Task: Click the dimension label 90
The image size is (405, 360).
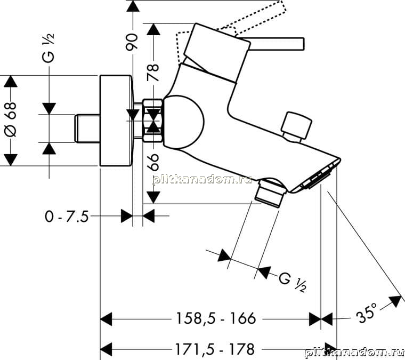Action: point(132,42)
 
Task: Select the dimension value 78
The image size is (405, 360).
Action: point(153,73)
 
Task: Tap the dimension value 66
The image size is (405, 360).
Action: point(154,162)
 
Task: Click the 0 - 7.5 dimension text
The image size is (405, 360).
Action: point(67,217)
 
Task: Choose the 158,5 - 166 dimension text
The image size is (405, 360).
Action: point(216,318)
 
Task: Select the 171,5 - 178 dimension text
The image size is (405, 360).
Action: point(215,349)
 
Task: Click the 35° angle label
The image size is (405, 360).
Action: point(367,313)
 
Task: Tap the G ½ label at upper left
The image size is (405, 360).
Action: point(48,49)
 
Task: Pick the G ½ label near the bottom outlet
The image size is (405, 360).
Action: point(293,282)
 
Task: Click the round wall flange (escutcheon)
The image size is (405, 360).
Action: point(117,121)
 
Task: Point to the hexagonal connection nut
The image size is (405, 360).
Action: point(152,121)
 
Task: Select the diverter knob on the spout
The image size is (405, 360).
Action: point(296,125)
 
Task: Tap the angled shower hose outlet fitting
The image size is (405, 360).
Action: point(270,193)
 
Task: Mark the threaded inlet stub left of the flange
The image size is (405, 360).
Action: point(87,129)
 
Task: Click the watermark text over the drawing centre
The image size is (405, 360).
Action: point(203,179)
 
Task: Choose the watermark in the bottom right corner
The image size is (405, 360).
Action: point(354,353)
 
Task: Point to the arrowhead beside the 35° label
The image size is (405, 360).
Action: point(396,301)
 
